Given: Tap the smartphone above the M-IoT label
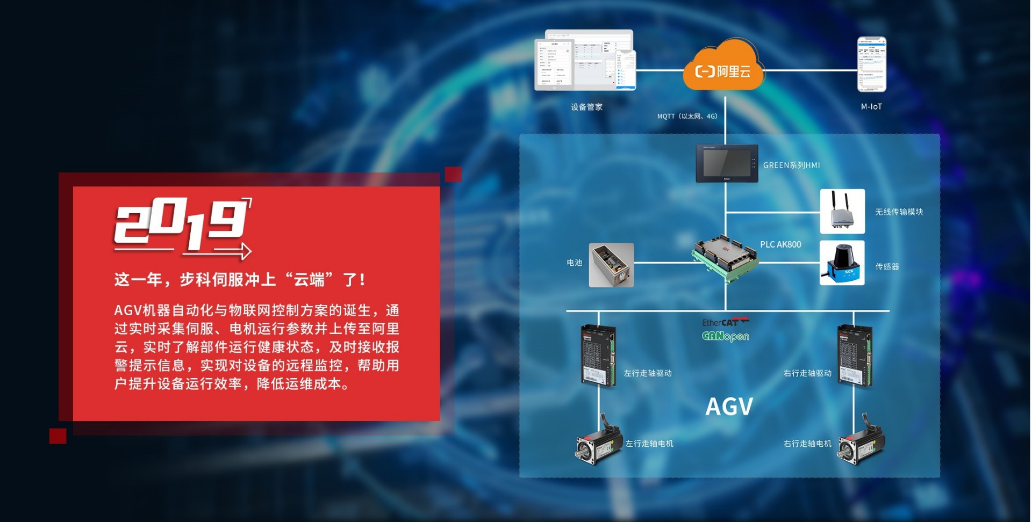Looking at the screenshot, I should (x=871, y=64).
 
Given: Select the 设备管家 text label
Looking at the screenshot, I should (x=586, y=107).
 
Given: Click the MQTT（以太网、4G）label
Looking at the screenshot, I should (x=687, y=116).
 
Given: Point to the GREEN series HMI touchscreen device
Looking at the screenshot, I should (x=727, y=163).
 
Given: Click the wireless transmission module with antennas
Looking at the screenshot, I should (x=842, y=211).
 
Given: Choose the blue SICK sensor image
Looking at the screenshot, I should (x=842, y=263).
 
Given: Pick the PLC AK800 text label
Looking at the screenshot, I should (x=780, y=244).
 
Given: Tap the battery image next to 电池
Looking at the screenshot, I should (x=611, y=265).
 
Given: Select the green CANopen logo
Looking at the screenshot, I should (x=725, y=336).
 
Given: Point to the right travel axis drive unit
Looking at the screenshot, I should (x=855, y=356).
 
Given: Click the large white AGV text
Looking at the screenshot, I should (x=729, y=407).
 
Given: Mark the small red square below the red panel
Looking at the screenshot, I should (x=58, y=436).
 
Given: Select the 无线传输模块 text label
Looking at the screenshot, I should (x=899, y=212).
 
